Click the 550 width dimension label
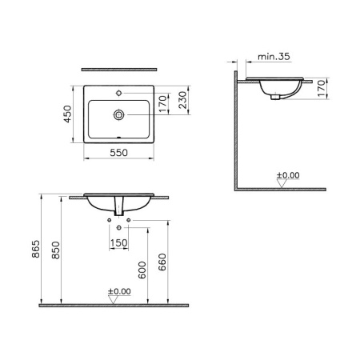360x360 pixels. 118,153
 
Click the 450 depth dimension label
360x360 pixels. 68,114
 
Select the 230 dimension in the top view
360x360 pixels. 183,100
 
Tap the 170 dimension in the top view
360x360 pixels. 162,104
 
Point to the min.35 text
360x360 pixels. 274,57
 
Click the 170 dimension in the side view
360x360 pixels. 322,88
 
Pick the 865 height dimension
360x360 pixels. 36,249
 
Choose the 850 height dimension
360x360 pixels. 56,250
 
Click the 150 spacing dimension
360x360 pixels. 118,243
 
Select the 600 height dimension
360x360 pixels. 142,270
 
